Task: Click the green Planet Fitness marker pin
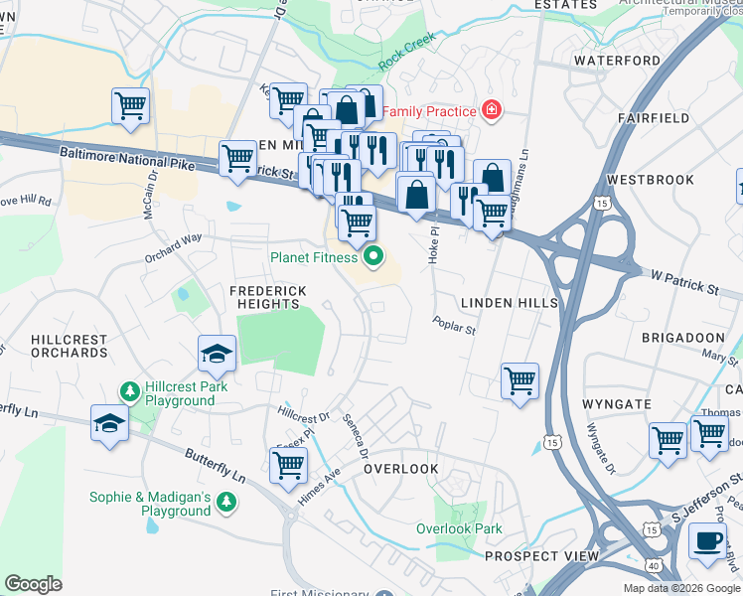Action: point(374,257)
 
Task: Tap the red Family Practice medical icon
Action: point(490,111)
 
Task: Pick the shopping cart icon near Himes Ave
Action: point(288,464)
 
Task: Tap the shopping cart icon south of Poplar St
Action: point(520,379)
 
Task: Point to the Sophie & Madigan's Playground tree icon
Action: point(226,504)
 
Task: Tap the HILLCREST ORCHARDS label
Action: point(69,346)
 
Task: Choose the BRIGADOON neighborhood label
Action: point(676,338)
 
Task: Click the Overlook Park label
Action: point(459,529)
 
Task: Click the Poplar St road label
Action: point(454,324)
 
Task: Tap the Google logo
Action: point(34,583)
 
